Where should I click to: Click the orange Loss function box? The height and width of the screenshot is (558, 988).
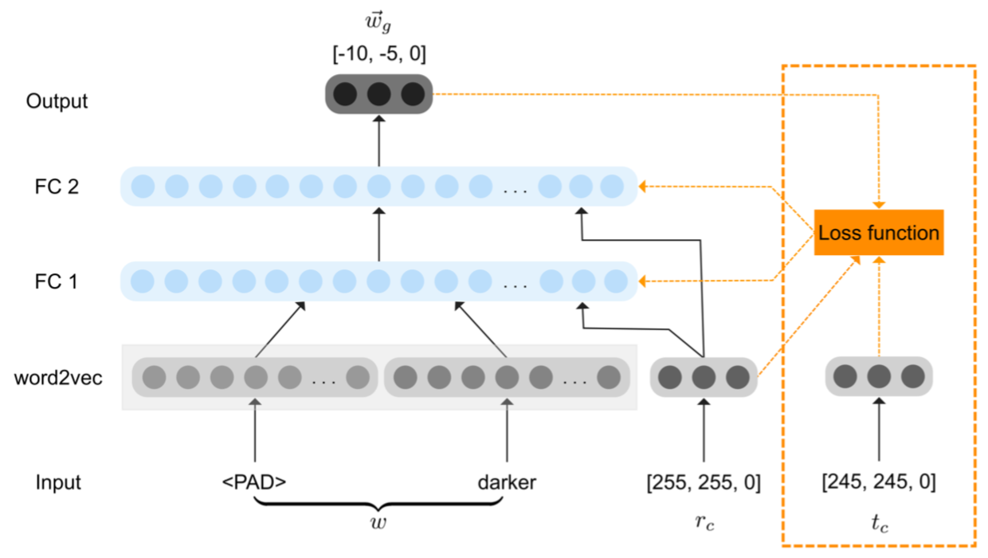879,233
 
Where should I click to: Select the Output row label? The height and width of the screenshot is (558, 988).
57,101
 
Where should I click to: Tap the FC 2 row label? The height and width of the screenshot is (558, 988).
57,187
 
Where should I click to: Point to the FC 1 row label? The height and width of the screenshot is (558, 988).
57,281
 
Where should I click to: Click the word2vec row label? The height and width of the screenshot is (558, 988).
58,378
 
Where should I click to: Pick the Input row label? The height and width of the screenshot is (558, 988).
58,482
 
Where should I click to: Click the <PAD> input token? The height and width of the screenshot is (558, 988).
254,482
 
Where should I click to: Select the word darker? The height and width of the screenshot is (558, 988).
508,482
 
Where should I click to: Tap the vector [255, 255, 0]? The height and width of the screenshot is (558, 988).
704,482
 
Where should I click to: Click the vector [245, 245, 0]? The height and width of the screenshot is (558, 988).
879,481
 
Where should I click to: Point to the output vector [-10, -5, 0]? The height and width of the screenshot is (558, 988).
379,54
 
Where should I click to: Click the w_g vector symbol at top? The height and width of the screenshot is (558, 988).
378,22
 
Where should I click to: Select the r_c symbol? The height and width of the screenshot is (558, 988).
704,522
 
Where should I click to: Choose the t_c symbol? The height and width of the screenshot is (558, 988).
880,523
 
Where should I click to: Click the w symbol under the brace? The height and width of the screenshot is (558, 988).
378,523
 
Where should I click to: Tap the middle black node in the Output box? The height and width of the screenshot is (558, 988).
379,94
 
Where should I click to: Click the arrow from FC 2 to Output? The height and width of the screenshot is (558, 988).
379,141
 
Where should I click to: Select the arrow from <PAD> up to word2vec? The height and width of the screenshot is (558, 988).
254,430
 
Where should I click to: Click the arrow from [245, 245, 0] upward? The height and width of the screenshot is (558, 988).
879,429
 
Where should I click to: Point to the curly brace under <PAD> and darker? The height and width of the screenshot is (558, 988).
378,503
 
